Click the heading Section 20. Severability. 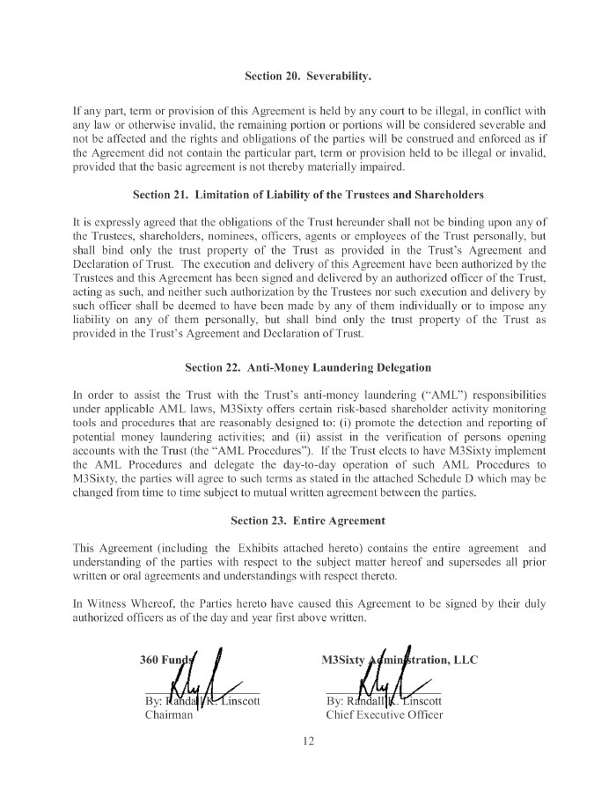point(308,76)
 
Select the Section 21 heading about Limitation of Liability point(308,194)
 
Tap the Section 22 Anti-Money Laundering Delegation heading point(308,366)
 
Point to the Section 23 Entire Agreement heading point(308,521)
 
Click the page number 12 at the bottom point(308,741)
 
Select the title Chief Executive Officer point(384,715)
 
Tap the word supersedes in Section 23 point(456,562)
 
